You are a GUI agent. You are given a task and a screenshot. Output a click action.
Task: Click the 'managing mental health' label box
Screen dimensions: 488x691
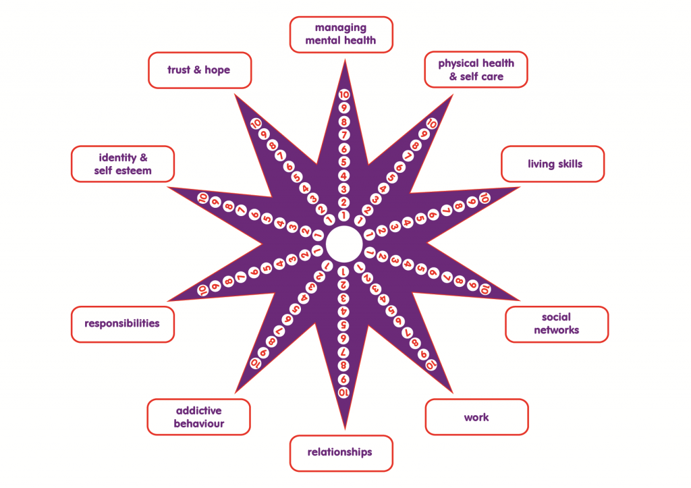pos(341,34)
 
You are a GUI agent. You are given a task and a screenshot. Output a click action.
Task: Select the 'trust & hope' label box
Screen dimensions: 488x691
pos(200,70)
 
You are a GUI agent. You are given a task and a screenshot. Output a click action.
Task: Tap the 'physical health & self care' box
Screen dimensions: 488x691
pos(476,70)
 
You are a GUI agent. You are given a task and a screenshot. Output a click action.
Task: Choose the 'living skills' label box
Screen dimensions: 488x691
pos(553,164)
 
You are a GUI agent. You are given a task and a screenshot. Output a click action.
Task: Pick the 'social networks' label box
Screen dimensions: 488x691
pos(557,324)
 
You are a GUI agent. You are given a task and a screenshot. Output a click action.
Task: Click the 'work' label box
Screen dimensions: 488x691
pos(476,417)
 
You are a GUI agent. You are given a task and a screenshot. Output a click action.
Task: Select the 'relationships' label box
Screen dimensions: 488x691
pos(341,453)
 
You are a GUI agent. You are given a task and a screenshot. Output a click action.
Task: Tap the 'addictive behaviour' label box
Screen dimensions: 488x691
pos(199,417)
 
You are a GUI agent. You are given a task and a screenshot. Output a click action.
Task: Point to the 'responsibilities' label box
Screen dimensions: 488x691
pos(123,323)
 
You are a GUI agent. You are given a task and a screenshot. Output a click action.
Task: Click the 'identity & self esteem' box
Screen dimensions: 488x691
pos(123,165)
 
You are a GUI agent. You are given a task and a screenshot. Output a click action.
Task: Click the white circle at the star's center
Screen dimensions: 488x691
pos(343,244)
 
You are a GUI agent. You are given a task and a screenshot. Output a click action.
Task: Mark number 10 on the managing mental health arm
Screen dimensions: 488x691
pos(344,94)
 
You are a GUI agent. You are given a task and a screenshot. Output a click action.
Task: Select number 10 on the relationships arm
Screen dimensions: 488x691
pos(343,392)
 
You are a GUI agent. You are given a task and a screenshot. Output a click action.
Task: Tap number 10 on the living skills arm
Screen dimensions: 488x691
pos(484,198)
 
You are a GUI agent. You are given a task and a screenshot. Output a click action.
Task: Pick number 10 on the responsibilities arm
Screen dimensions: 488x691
pos(202,289)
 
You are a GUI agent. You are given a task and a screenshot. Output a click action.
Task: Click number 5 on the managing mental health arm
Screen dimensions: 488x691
pos(344,162)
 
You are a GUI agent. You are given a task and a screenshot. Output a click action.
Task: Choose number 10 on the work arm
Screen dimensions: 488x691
pos(431,364)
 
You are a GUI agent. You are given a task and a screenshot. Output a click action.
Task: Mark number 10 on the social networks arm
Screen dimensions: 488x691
pos(485,289)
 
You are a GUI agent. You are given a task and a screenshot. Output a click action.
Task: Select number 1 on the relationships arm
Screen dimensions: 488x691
pos(343,271)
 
